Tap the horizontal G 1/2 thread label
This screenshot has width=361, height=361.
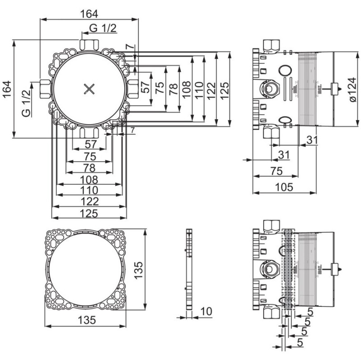(102, 28)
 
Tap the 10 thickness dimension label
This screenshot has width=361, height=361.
(205, 312)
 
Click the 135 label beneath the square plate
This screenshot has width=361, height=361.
(87, 320)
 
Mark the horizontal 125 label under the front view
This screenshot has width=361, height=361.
(89, 213)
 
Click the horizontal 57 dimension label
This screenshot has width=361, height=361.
(90, 144)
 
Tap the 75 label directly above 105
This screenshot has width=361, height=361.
(277, 171)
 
